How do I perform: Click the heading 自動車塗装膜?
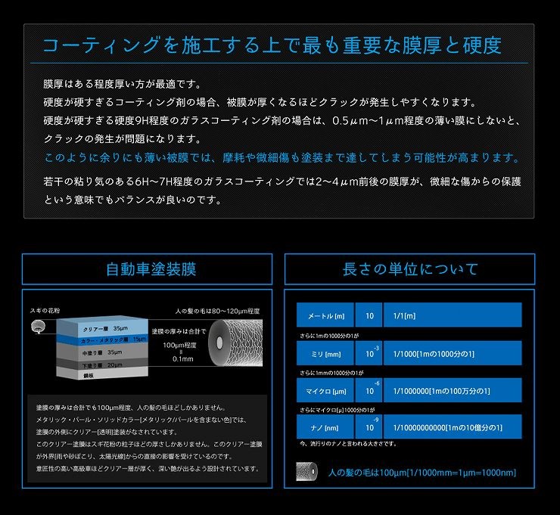pos(147,269)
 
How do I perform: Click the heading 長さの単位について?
pos(410,269)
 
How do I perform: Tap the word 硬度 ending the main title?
pos(480,45)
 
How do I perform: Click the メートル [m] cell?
pos(326,315)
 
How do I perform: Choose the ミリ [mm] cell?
pos(326,353)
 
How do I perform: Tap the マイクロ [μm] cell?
pos(326,391)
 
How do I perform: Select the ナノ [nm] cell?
pos(326,427)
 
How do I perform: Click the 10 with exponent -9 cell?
pos(369,427)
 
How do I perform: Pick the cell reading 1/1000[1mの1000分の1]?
pos(452,353)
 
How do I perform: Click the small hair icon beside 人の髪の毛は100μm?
pos(309,473)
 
